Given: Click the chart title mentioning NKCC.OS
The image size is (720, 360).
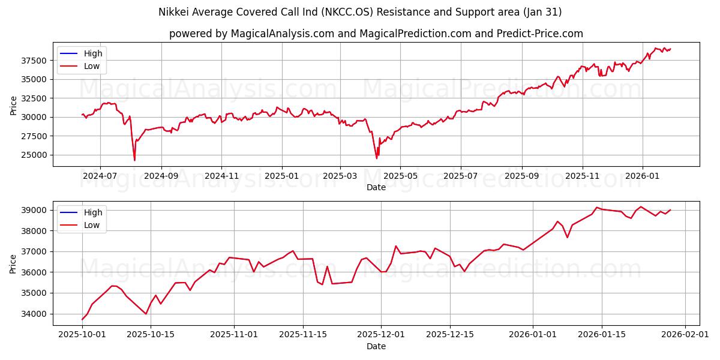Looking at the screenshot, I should point(360,12).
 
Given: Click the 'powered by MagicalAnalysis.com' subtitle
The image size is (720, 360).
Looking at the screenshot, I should point(376,34).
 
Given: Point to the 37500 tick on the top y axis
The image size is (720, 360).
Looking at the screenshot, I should point(34,61).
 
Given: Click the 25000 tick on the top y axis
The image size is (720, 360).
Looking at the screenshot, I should point(34,155).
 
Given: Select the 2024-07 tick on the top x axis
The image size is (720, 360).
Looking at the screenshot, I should point(100,176).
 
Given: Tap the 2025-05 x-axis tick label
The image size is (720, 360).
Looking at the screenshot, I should point(400,176).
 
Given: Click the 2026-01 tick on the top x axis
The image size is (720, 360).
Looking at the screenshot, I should point(643,176).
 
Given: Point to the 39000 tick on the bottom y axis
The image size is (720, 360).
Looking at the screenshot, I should point(34,210).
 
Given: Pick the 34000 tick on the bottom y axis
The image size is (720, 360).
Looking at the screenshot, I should point(34,314).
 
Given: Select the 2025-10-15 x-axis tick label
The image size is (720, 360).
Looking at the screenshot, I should point(151,335).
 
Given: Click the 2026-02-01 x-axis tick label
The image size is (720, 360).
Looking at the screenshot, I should point(685,335).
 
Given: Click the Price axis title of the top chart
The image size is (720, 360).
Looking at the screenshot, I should point(13,105).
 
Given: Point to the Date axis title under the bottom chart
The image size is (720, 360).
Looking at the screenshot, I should point(376,346).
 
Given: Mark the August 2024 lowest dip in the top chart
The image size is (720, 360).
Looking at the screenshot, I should point(134,160).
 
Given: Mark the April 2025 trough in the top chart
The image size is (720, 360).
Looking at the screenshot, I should point(377,158).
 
